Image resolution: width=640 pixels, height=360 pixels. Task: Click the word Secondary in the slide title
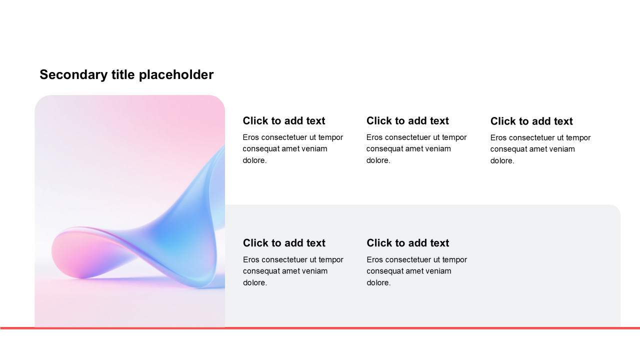[73, 75]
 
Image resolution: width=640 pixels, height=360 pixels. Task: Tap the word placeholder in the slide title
[176, 75]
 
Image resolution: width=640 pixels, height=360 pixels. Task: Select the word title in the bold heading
[123, 75]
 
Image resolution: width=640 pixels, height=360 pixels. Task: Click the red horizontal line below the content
[320, 328]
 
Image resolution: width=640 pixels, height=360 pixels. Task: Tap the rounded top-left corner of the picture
[39, 100]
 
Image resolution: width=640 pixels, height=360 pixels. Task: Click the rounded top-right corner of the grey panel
[616, 209]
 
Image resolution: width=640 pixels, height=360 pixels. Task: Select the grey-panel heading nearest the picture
[284, 243]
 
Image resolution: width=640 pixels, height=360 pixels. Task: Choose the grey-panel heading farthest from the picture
[407, 243]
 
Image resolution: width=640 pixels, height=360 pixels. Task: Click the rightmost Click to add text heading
[531, 121]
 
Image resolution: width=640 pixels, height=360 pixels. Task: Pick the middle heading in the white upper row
[407, 121]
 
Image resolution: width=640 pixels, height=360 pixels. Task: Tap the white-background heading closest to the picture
[283, 121]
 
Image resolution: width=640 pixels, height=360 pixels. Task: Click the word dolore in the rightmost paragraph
[501, 161]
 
